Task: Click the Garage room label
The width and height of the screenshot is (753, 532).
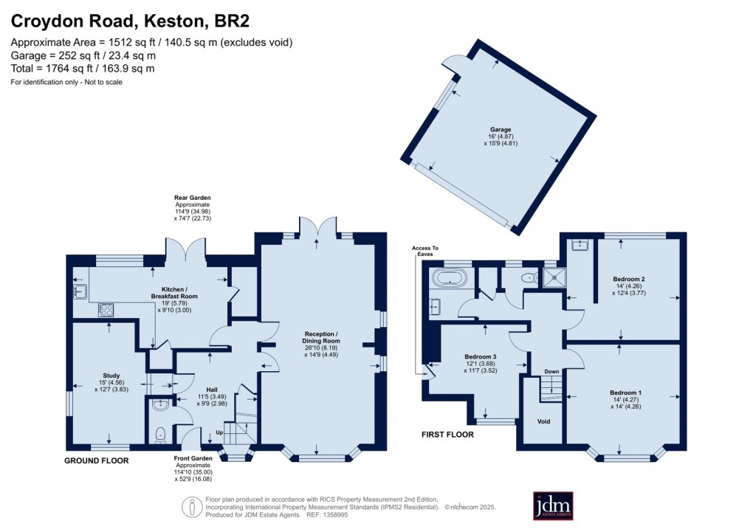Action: pyautogui.click(x=501, y=129)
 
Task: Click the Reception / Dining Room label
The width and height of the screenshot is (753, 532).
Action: pyautogui.click(x=320, y=342)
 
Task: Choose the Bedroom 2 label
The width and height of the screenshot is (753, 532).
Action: pyautogui.click(x=629, y=279)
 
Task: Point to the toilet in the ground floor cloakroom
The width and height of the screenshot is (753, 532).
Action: pyautogui.click(x=161, y=435)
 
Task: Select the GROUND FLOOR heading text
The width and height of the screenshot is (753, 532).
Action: pyautogui.click(x=97, y=460)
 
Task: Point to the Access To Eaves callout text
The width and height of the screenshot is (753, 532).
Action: pyautogui.click(x=424, y=251)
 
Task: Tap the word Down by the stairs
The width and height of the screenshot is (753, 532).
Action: pyautogui.click(x=551, y=372)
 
